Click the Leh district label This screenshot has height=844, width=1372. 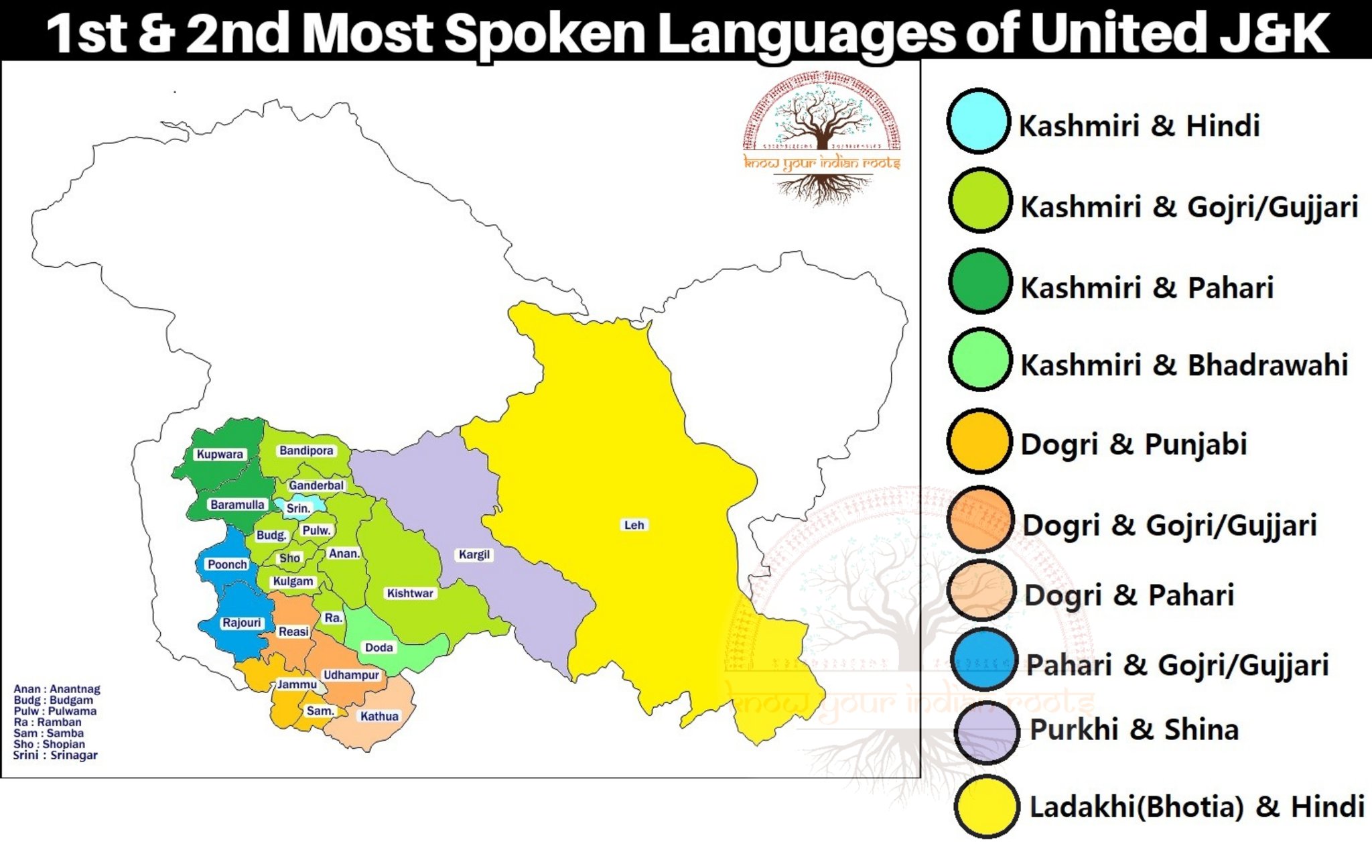click(634, 525)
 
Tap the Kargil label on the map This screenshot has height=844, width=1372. click(474, 554)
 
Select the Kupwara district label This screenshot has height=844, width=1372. click(220, 454)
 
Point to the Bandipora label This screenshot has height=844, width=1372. click(306, 450)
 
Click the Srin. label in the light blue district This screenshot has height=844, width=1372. click(298, 508)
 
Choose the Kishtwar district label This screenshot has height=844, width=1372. click(410, 593)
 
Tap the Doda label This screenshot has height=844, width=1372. click(379, 648)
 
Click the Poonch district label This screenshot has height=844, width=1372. click(227, 564)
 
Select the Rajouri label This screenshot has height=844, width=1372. click(241, 623)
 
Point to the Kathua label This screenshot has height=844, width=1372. click(379, 716)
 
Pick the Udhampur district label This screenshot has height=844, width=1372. click(351, 675)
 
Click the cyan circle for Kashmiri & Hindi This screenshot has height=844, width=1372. click(978, 121)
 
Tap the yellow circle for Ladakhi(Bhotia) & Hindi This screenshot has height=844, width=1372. click(986, 806)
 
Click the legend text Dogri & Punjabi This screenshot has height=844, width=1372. click(1134, 444)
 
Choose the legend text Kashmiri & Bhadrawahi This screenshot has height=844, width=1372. click(1184, 365)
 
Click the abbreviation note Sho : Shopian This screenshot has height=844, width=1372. click(49, 744)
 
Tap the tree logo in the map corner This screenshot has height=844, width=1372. click(821, 137)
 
